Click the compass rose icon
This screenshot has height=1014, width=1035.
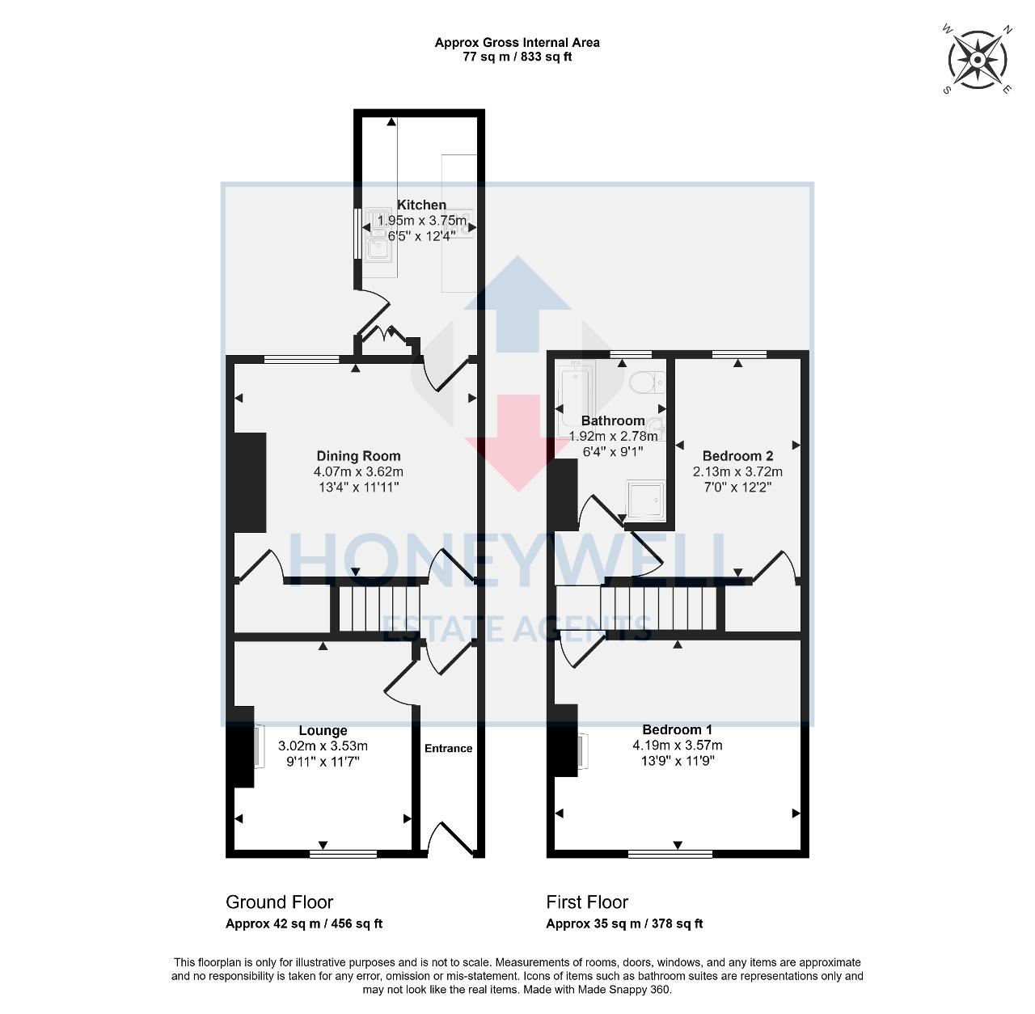click(978, 59)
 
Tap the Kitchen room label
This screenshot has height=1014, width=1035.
click(421, 205)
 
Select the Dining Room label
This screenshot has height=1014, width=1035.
click(358, 456)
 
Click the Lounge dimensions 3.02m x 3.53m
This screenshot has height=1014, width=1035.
click(323, 746)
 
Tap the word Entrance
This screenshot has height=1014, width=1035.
click(448, 748)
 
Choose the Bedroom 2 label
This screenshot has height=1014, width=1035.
click(737, 456)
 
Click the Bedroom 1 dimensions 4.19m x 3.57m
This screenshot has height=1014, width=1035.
click(678, 746)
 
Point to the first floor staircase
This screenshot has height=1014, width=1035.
click(657, 608)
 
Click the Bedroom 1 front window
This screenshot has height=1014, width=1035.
click(670, 853)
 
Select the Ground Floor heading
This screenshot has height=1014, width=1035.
click(279, 902)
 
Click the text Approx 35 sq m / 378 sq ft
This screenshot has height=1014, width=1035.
click(624, 923)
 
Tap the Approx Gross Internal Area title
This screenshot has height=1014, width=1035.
click(517, 43)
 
